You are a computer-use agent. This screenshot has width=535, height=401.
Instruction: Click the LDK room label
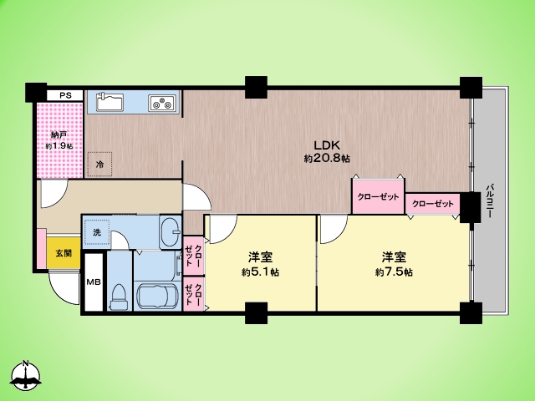click(327, 144)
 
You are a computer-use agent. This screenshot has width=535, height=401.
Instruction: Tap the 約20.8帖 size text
click(327, 158)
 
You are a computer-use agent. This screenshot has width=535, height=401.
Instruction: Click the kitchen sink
click(109, 102)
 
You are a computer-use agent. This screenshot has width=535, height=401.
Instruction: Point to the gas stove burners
click(162, 104)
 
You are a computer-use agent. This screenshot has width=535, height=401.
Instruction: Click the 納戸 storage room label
click(59, 134)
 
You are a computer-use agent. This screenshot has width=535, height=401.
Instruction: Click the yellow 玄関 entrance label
click(63, 252)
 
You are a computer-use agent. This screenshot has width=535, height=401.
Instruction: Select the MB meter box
click(93, 282)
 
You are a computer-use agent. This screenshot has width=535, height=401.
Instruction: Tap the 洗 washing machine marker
click(97, 231)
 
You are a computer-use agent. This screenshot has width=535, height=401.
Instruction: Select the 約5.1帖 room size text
click(260, 272)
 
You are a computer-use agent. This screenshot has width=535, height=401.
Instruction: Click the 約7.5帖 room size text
click(394, 272)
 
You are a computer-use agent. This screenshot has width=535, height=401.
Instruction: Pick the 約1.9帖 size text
click(59, 146)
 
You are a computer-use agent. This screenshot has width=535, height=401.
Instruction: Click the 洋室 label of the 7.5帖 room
click(395, 257)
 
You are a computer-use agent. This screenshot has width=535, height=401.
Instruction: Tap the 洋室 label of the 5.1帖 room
click(260, 257)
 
